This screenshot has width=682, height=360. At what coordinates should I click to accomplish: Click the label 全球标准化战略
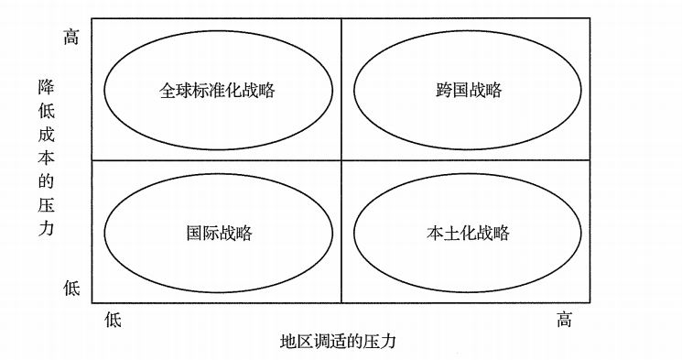coord(217,90)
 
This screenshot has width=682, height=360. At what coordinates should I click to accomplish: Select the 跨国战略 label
coord(469,90)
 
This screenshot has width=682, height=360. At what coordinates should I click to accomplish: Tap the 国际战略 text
coord(219,233)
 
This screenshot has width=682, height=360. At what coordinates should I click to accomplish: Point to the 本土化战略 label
coord(468,233)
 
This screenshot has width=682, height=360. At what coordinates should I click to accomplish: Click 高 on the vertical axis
coord(71,37)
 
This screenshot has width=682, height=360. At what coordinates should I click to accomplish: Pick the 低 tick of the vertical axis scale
coord(71,288)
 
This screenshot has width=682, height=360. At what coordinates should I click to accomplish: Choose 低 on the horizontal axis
coord(113,320)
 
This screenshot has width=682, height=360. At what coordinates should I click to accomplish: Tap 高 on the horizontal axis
coord(564,320)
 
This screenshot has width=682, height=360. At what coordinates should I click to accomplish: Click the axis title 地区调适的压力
coord(338,341)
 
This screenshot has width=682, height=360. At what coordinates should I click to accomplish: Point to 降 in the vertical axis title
coord(46,87)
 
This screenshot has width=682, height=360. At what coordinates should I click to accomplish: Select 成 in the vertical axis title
coord(46,134)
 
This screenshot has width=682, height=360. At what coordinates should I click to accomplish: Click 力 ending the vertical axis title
coord(46,228)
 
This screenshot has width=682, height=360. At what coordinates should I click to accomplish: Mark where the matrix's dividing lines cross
coord(341,160)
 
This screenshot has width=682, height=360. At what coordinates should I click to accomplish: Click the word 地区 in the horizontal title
coord(297,341)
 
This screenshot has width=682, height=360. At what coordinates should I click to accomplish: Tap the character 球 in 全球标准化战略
coord(184,90)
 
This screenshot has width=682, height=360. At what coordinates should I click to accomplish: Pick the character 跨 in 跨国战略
coord(444,90)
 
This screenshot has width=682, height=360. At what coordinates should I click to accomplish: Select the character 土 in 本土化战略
coord(451,233)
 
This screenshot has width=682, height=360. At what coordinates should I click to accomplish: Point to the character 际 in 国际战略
coord(211,233)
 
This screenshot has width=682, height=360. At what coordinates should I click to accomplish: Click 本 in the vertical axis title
coord(46,158)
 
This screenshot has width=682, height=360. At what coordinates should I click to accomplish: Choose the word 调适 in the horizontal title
coord(330,341)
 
